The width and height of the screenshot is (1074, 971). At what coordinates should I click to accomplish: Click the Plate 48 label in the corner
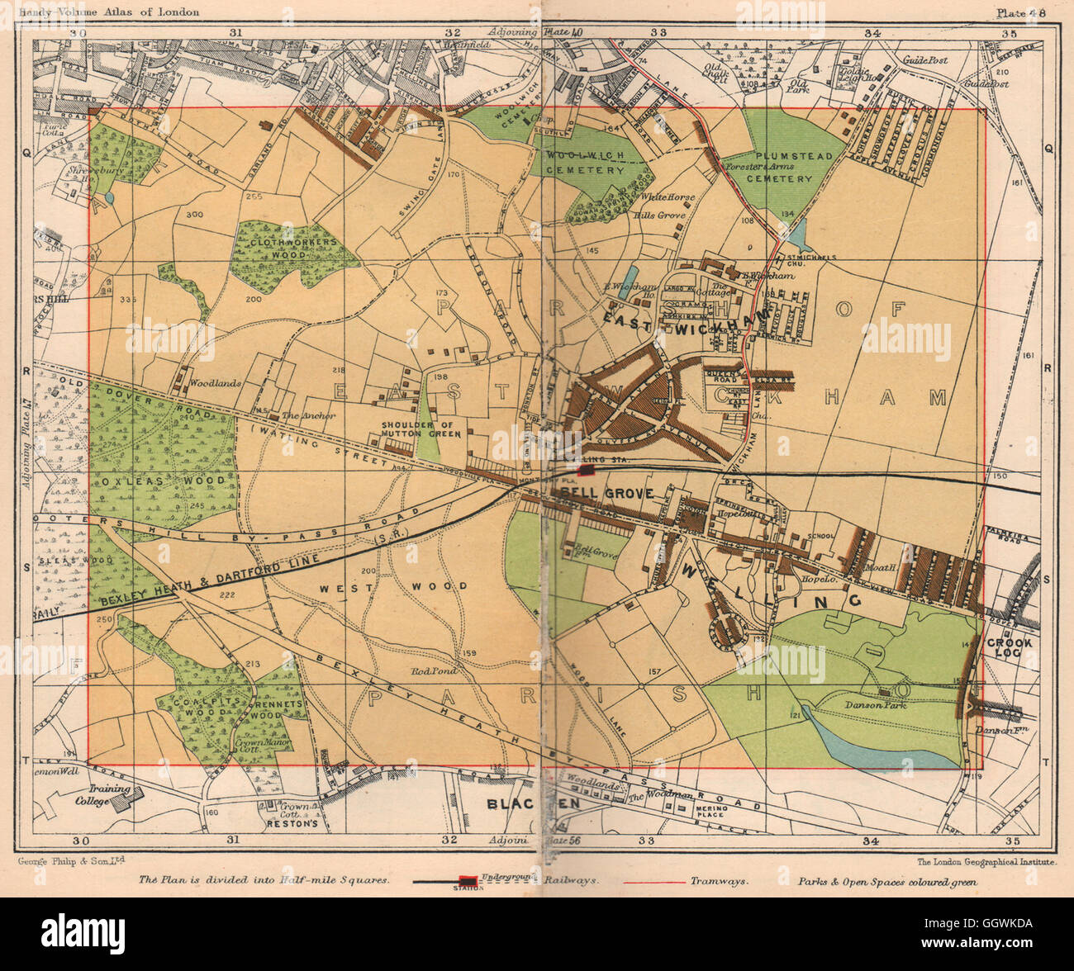pyautogui.click(x=1021, y=12)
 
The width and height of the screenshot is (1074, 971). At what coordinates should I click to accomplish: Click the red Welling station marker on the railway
pyautogui.click(x=587, y=470)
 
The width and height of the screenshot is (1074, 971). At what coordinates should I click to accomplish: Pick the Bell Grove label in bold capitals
pyautogui.click(x=607, y=493)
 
